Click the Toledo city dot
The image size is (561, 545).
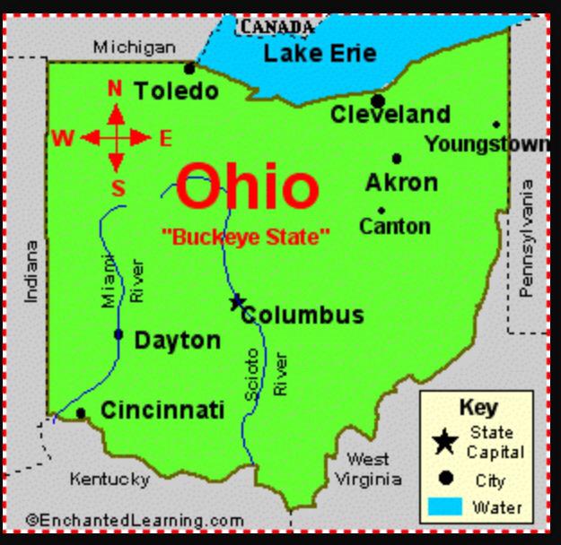pos(189,69)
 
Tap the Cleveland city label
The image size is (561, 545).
pos(390,115)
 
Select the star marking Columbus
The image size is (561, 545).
pos(237,302)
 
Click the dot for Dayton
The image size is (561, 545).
pos(118,334)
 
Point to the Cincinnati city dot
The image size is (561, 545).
pos(81,413)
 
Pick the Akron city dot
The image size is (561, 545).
pos(397,159)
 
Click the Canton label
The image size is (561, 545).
pos(394,226)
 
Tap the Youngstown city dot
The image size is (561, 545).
pos(496,125)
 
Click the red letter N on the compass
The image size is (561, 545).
pos(115,88)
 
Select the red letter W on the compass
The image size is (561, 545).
pos(62,138)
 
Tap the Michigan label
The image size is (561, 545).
pos(135,47)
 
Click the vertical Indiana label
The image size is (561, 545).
pos(31,271)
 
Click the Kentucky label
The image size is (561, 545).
pos(110,479)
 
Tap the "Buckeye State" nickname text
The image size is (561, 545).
pos(245,238)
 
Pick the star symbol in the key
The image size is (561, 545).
pos(444,442)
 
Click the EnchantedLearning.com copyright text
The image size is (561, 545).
pos(135,520)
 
